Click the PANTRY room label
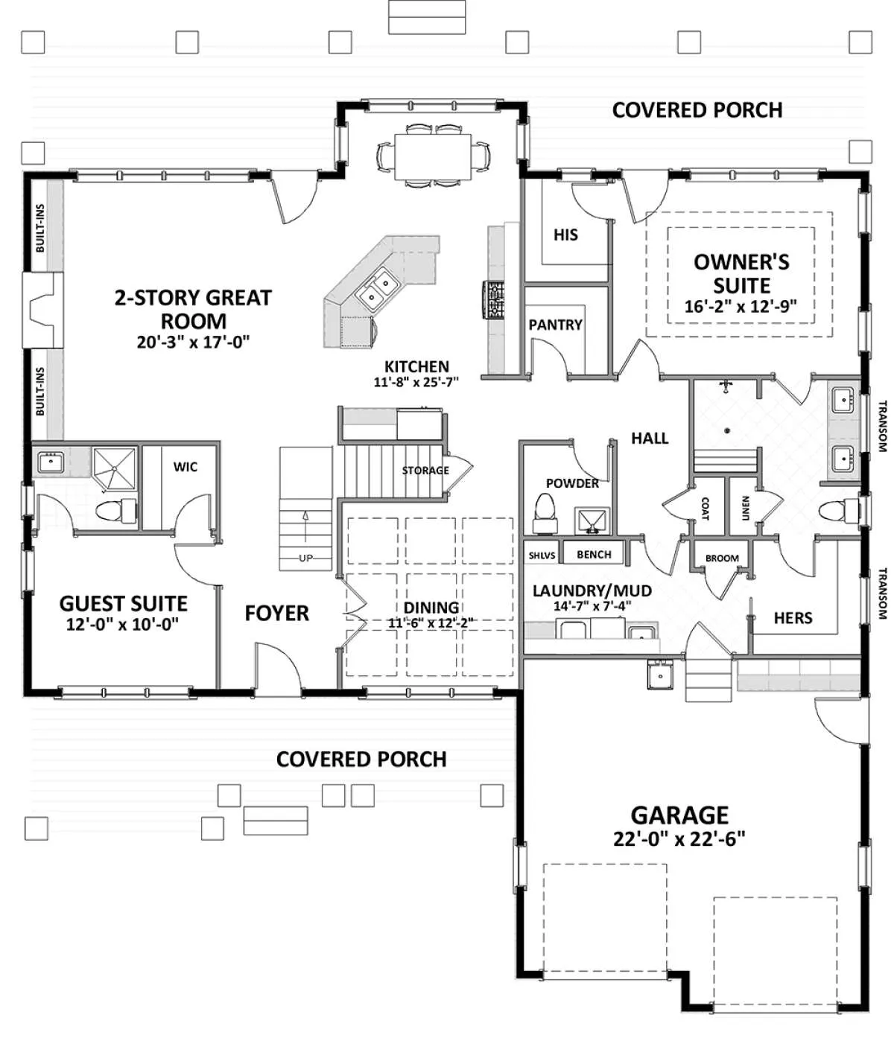(x=555, y=325)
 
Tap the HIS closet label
(x=565, y=235)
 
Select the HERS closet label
(x=793, y=618)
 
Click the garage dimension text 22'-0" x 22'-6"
(x=679, y=838)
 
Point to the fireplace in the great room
(x=42, y=311)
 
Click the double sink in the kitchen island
(x=378, y=289)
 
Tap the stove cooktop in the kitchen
(x=493, y=300)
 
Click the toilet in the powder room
(x=545, y=512)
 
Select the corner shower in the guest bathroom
(x=115, y=468)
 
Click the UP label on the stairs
(x=305, y=558)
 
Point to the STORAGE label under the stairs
(x=425, y=471)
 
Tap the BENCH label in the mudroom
(x=594, y=555)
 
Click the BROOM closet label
(x=722, y=558)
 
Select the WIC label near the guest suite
(x=185, y=467)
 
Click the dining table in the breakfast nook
(x=432, y=156)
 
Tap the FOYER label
(x=276, y=613)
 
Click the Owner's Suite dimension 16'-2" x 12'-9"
(x=741, y=306)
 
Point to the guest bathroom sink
(x=51, y=462)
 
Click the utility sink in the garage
(x=660, y=674)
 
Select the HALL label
(x=650, y=439)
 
